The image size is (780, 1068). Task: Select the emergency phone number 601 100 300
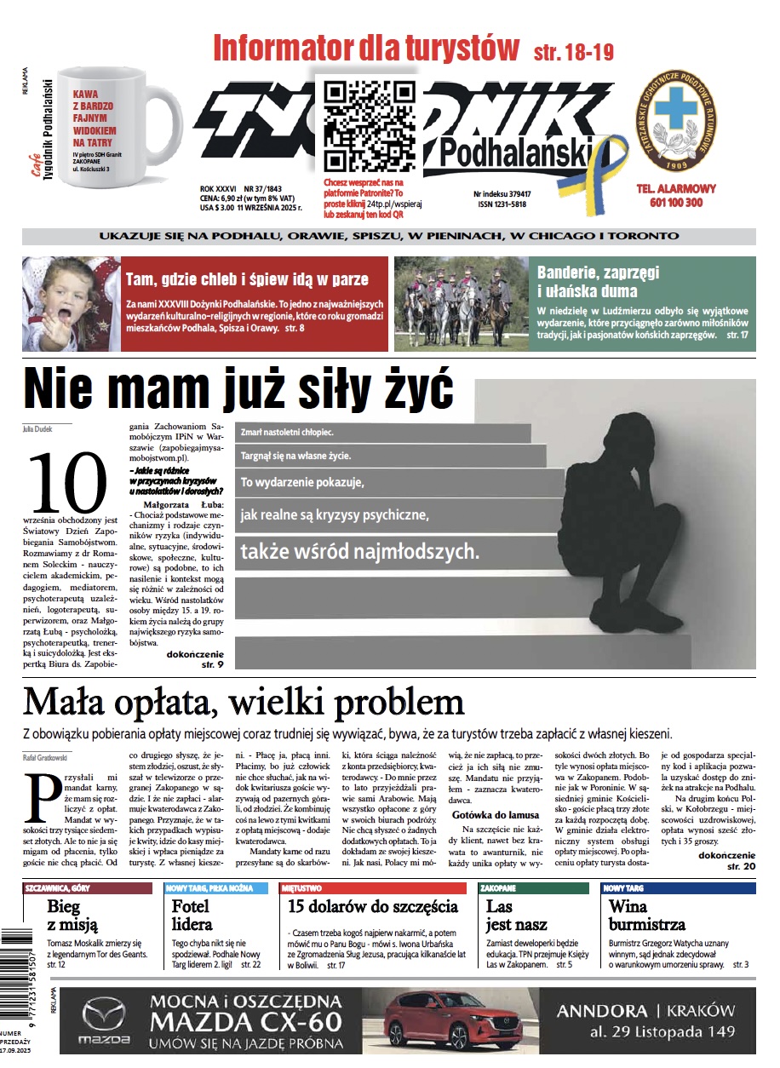click(x=676, y=203)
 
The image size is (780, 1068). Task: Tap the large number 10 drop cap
click(x=68, y=480)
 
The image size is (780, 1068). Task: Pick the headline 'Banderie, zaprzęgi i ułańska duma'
click(x=598, y=281)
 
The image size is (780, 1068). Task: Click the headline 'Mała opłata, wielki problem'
click(x=244, y=703)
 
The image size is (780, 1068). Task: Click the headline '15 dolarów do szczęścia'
click(x=373, y=906)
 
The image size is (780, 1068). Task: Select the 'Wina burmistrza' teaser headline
click(x=646, y=915)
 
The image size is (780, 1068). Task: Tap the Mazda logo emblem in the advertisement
click(x=103, y=1016)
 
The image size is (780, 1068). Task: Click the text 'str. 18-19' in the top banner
click(x=573, y=51)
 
